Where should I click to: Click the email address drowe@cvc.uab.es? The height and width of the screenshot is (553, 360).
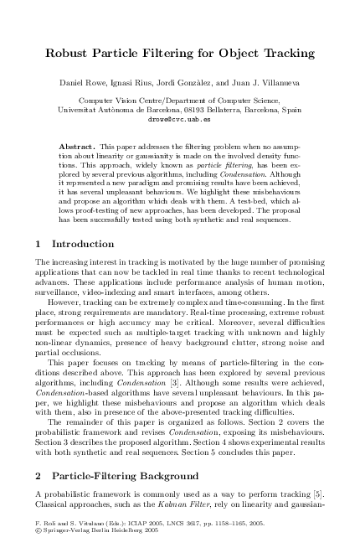pos(179,120)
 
